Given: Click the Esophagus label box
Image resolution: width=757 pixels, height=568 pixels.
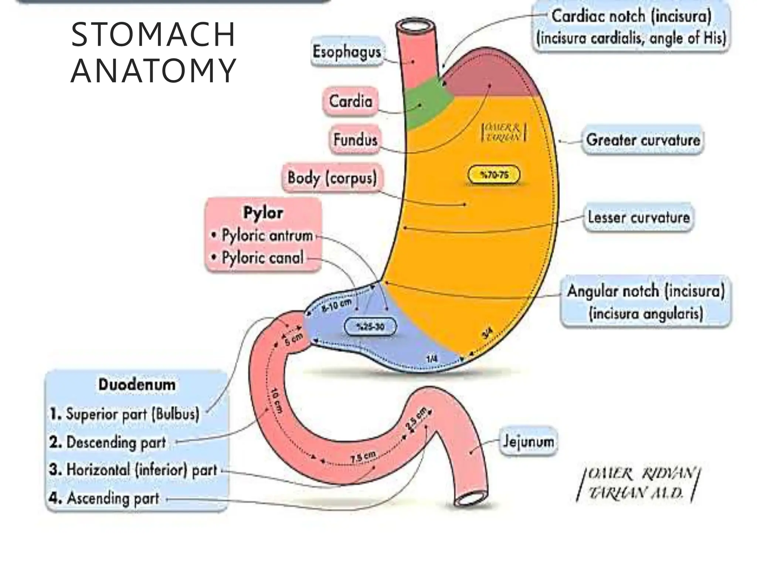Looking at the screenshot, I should pos(347,52).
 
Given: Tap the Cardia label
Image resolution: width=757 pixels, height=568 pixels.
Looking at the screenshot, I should pos(350,101).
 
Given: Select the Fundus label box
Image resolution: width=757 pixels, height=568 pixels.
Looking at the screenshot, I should pos(355,140).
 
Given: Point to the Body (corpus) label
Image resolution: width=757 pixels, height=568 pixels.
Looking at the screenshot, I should pos(332,178).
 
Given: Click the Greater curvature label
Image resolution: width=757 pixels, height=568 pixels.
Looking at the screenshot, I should pos(643,140).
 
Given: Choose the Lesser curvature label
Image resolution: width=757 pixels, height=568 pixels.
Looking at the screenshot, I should pos(639,217).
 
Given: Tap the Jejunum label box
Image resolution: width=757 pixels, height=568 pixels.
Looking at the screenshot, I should pos(528,442).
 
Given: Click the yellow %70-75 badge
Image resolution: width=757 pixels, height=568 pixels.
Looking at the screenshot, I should pos(494,175).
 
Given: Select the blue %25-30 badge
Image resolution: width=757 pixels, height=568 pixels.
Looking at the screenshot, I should pos(370,327).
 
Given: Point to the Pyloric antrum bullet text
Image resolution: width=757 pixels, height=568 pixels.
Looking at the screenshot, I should pos(267,236).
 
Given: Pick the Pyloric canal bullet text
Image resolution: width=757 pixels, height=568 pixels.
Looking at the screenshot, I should pos(262,258).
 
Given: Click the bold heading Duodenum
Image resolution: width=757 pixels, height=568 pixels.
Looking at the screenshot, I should pos(137,385).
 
